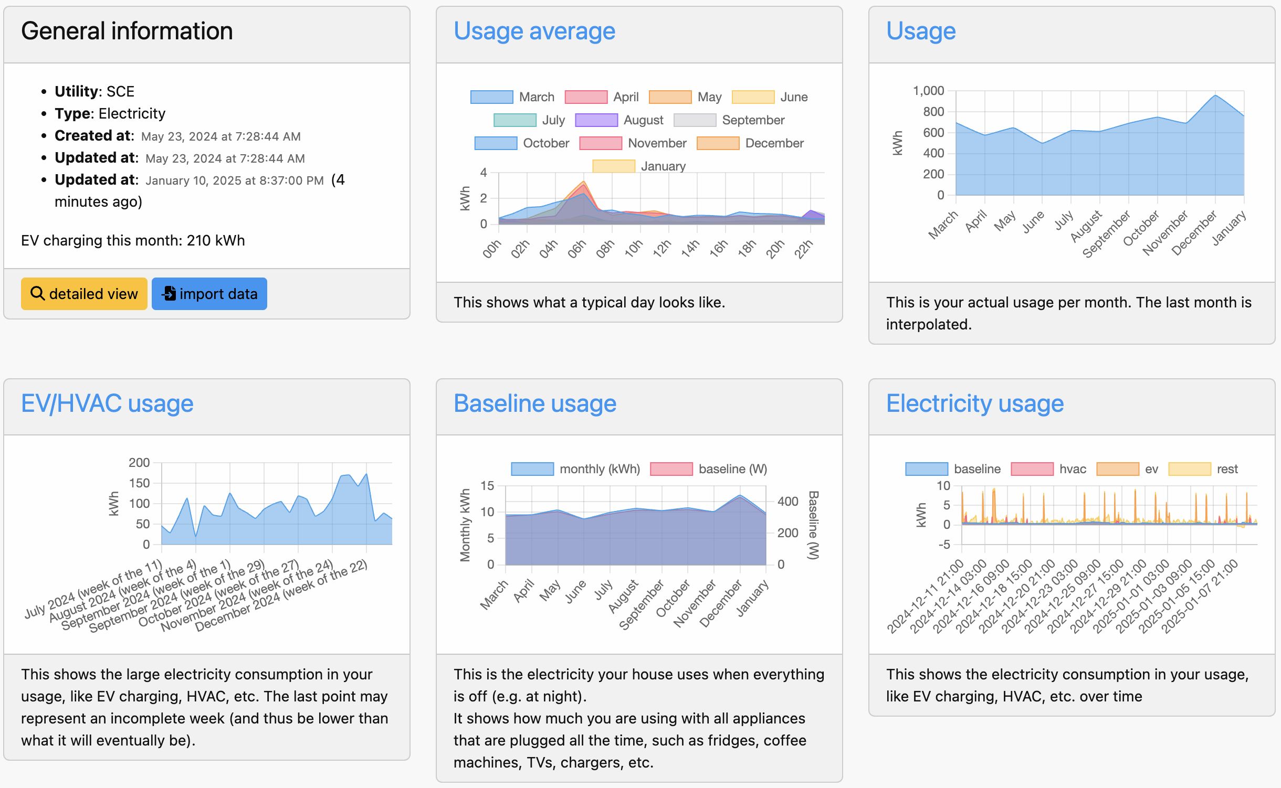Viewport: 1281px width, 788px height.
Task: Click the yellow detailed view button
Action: [x=84, y=294]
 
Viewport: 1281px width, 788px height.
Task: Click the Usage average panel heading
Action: [x=534, y=31]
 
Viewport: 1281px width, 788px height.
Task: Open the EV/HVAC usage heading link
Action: [x=107, y=404]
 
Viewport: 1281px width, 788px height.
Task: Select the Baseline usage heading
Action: [x=534, y=404]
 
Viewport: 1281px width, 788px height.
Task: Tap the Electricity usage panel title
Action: [x=974, y=404]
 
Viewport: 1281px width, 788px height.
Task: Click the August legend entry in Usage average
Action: [x=619, y=120]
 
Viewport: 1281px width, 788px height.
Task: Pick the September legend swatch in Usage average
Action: [x=695, y=120]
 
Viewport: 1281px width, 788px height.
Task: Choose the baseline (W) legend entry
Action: [x=709, y=469]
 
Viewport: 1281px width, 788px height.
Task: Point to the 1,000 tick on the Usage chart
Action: [x=928, y=91]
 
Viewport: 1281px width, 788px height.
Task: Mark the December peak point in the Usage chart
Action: [x=1215, y=95]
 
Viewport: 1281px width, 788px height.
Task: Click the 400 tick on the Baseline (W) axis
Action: [x=787, y=502]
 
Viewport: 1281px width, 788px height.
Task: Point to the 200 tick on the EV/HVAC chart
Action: [x=139, y=463]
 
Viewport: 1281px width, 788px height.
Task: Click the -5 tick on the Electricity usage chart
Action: [x=944, y=545]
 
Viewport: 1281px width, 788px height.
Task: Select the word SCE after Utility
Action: [x=120, y=92]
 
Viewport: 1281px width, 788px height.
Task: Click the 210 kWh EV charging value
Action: [x=216, y=241]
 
